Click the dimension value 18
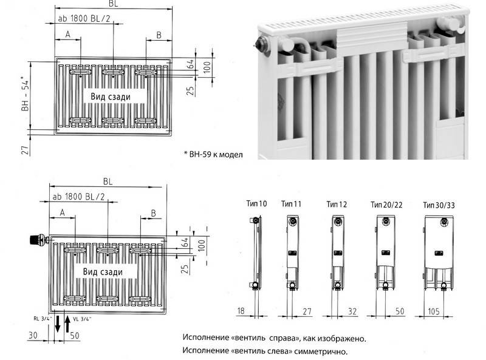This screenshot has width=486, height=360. [x=241, y=311]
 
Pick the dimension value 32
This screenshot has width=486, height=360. [x=352, y=311]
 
